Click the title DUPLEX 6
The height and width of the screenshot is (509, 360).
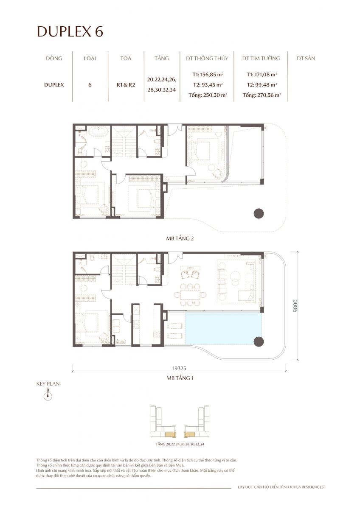coord(70,32)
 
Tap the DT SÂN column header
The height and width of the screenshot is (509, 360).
coord(306,59)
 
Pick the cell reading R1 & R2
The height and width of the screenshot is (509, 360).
coord(126,84)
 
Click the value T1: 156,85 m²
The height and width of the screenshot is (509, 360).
coord(208,74)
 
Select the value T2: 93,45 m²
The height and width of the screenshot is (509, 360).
coord(208,85)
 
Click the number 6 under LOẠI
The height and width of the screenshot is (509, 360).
coord(90,84)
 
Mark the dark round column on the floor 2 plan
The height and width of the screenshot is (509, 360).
coord(259,213)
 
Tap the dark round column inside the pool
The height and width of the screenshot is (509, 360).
coord(259,341)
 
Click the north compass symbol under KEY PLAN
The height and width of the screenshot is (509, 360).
coord(48,396)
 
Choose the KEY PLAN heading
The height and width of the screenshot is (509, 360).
coord(48,383)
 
